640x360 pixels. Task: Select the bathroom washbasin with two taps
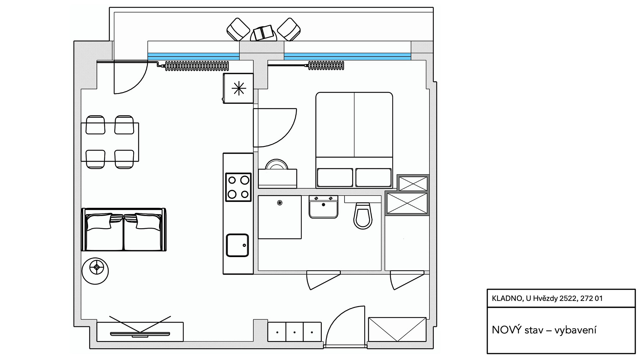click(x=323, y=207)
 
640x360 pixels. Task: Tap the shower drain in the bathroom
click(x=279, y=203)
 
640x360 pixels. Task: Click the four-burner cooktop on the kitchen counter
click(x=238, y=187)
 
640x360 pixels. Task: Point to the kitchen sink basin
click(x=237, y=245)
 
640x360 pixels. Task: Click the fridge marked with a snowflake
click(x=238, y=89)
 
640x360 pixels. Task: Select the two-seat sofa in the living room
click(x=124, y=229)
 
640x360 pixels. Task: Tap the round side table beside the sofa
click(x=95, y=271)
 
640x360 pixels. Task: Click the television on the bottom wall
click(x=140, y=333)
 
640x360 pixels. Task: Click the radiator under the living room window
click(x=197, y=66)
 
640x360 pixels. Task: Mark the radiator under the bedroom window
click(x=326, y=66)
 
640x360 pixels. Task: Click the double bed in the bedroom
click(x=354, y=140)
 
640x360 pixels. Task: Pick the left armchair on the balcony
click(x=238, y=29)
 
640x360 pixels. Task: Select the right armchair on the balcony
click(x=289, y=29)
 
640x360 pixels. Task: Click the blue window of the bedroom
click(x=347, y=57)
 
